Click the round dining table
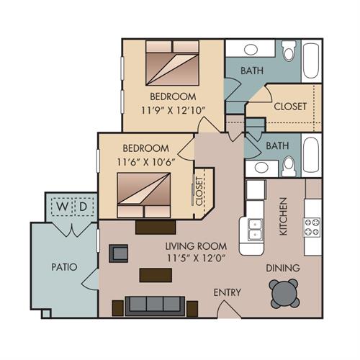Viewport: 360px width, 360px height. [284, 294]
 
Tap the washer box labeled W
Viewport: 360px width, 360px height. [63, 207]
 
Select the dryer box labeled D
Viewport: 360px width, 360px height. [84, 207]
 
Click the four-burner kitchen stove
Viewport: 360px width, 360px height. [312, 227]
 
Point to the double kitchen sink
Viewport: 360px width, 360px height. [255, 229]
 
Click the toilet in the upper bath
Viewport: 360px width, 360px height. [289, 51]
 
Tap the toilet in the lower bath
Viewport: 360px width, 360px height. [289, 166]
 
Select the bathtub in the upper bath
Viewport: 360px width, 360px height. [311, 60]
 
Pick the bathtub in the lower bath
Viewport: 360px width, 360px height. [311, 155]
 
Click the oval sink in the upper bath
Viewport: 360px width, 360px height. [251, 50]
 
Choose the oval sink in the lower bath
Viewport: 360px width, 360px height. [261, 167]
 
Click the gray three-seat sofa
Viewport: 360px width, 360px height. [155, 306]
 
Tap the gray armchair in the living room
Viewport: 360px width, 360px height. [119, 253]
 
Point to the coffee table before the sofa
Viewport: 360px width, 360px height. [156, 275]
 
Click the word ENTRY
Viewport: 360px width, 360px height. [227, 292]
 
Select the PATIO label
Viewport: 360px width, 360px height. [64, 267]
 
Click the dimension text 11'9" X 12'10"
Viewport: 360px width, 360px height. [174, 111]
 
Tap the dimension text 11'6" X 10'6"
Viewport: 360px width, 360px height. [145, 162]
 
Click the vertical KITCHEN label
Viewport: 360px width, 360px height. [284, 216]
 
